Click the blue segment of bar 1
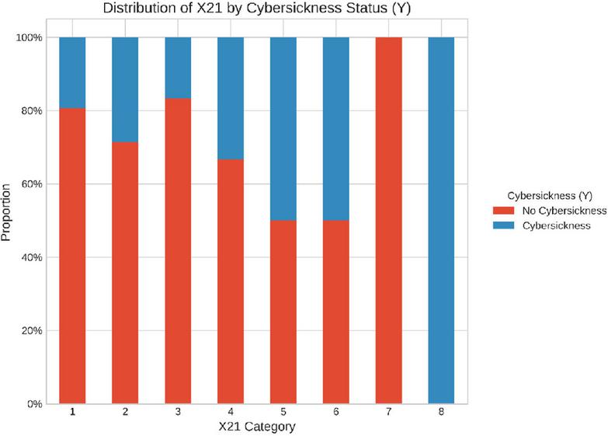tap(72, 72)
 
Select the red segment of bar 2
tap(125, 273)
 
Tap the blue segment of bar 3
tap(178, 68)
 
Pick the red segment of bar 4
tap(231, 281)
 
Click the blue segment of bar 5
tap(283, 129)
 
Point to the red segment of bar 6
tap(335, 312)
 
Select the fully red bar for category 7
tap(388, 221)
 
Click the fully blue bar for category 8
tap(441, 221)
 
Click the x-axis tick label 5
tap(283, 412)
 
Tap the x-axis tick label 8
tap(441, 412)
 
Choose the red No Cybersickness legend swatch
tap(503, 211)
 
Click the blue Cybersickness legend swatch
tap(503, 225)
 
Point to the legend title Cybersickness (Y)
tap(550, 196)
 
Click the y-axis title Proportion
tap(5, 212)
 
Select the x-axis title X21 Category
tap(257, 427)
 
